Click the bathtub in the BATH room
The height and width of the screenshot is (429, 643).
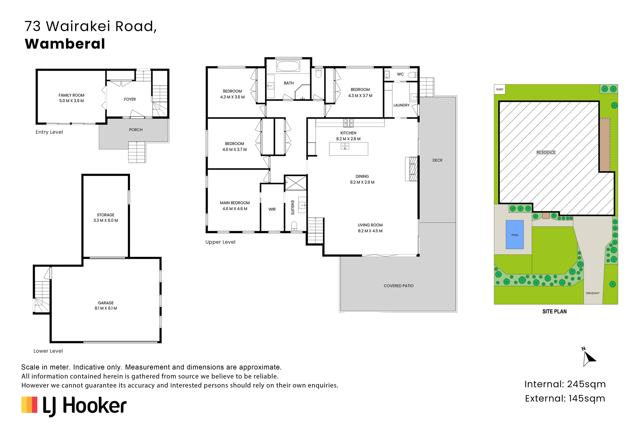tap(288, 66)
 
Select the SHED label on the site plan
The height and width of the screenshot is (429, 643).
tap(500, 90)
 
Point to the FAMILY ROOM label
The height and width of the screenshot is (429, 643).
tap(71, 95)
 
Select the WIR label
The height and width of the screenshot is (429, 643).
tap(272, 209)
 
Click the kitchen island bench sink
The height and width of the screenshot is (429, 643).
tap(345, 147)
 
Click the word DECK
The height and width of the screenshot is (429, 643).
tap(437, 160)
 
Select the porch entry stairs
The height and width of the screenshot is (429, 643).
tap(137, 152)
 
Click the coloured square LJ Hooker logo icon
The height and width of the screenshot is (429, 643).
tap(29, 405)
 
